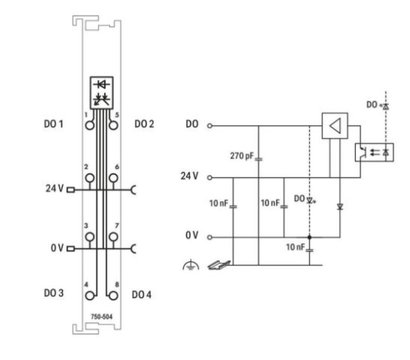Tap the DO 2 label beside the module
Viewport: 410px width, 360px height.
pos(144,125)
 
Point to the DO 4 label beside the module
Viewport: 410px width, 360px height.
pos(142,295)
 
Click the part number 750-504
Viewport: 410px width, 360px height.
pos(101,316)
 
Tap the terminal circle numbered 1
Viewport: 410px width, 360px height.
pos(90,125)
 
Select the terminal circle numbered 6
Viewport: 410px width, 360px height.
pos(113,178)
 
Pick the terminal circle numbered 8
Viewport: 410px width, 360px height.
pos(113,295)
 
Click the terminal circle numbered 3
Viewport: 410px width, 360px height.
pos(90,237)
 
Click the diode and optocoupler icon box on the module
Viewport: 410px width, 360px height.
pos(102,92)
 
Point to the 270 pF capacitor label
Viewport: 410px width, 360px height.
pos(241,156)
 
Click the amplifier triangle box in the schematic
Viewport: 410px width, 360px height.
pos(335,125)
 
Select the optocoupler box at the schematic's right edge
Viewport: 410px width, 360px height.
pos(374,152)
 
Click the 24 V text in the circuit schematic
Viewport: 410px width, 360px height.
pos(189,176)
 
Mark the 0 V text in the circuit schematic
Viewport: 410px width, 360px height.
pos(192,236)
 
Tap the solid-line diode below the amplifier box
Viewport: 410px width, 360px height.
pos(340,207)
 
